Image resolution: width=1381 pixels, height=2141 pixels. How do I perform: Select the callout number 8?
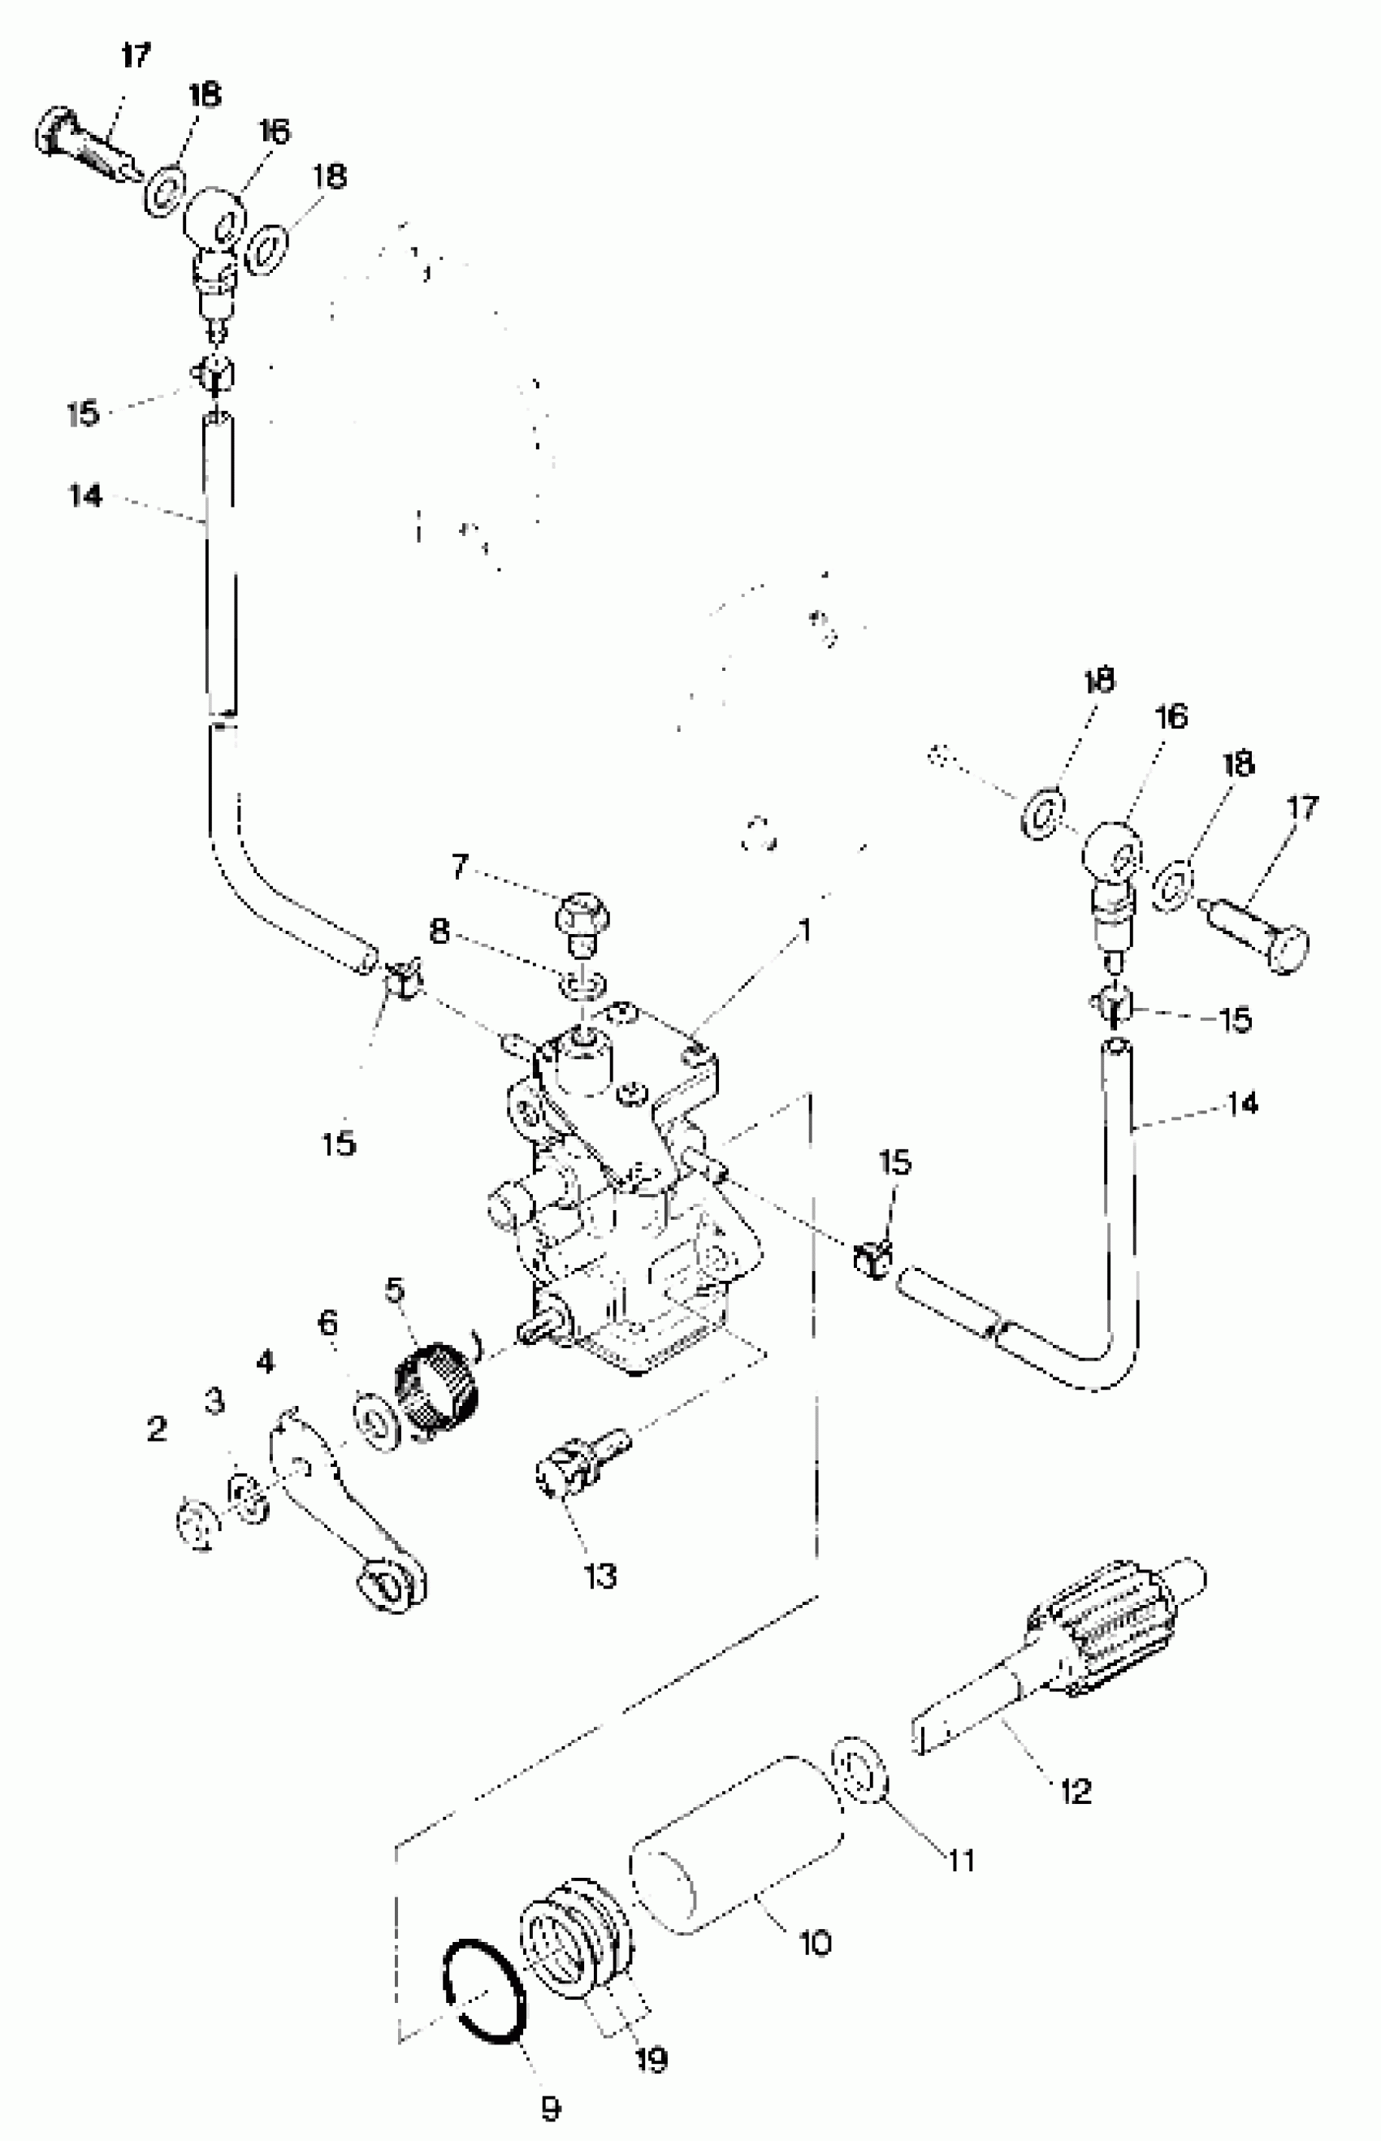[x=439, y=932]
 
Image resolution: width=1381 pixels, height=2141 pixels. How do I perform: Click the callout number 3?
[x=214, y=1401]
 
